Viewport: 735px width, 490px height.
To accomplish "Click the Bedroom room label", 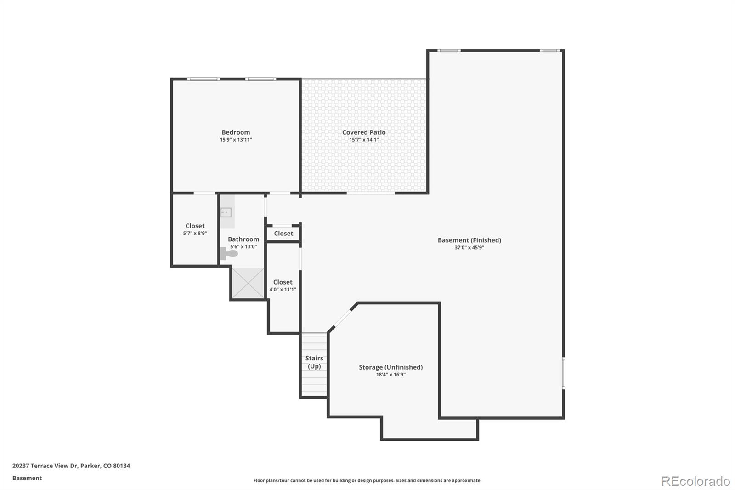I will [236, 132].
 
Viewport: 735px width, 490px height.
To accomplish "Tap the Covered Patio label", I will [364, 132].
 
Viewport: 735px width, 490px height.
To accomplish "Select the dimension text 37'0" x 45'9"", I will [469, 248].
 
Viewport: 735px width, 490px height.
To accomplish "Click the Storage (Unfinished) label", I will [390, 367].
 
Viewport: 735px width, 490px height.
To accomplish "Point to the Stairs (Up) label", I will [314, 362].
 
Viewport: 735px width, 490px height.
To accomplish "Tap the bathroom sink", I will [226, 212].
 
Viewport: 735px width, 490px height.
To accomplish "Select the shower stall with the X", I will [248, 283].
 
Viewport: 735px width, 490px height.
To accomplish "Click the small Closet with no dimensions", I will [283, 234].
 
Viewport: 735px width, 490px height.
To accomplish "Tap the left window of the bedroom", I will [203, 79].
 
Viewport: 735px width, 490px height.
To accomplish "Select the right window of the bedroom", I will [260, 79].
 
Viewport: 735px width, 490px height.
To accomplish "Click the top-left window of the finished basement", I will [448, 51].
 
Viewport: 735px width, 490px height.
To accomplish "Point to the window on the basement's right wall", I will [564, 373].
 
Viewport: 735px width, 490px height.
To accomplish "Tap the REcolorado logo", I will [695, 481].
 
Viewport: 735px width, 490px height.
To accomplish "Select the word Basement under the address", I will [27, 478].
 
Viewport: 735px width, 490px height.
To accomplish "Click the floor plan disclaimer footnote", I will [367, 480].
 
